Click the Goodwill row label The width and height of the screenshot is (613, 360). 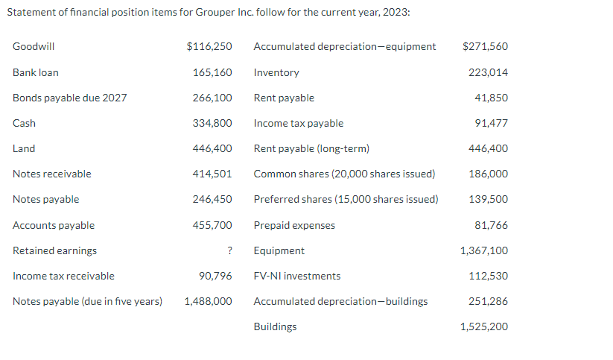tap(34, 46)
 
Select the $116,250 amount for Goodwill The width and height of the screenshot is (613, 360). tap(209, 46)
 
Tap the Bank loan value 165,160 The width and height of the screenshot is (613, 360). tap(212, 72)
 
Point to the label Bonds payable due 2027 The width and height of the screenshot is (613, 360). tap(69, 98)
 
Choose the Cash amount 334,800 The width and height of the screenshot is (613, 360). tap(212, 123)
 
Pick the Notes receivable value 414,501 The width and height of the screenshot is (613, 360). tap(212, 174)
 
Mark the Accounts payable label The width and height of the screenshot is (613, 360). tap(54, 225)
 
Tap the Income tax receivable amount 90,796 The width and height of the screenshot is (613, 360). tap(215, 276)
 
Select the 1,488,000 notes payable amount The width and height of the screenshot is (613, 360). tap(208, 301)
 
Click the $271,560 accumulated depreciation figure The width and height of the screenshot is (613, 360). tap(485, 46)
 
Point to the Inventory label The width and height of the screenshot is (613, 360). tap(276, 72)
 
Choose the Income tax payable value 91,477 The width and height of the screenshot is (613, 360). tap(491, 123)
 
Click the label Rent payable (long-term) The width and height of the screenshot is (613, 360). tap(311, 148)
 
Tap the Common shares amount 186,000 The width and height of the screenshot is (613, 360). tap(488, 174)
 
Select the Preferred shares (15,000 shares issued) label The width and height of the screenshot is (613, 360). tap(346, 199)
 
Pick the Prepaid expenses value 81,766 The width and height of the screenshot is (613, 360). tap(491, 225)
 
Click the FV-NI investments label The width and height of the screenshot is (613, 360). tap(297, 276)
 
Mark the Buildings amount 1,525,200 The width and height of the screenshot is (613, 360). tap(484, 326)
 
